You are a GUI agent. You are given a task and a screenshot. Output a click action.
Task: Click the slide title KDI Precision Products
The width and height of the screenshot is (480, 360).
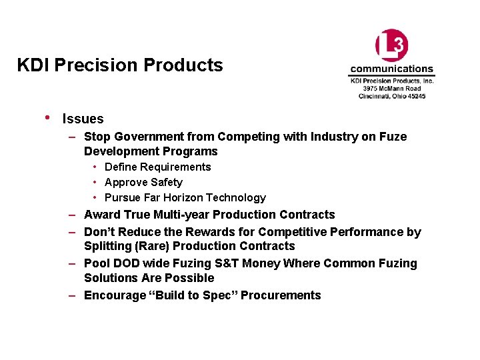tap(120, 65)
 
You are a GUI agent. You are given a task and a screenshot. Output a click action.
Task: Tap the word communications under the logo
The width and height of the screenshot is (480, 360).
tap(391, 69)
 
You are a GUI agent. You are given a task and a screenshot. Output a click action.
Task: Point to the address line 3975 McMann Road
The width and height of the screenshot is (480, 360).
tap(392, 88)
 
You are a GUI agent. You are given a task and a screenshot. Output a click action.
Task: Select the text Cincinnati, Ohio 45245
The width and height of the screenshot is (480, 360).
tap(392, 96)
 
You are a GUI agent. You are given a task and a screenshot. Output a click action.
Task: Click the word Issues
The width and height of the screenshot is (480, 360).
tap(83, 119)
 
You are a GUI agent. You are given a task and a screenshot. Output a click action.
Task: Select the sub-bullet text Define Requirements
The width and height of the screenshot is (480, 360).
tap(157, 167)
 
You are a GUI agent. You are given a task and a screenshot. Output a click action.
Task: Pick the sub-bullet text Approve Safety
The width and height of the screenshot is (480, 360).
tap(143, 183)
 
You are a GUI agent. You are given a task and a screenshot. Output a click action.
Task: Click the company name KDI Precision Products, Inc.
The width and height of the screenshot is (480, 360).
tap(392, 81)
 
